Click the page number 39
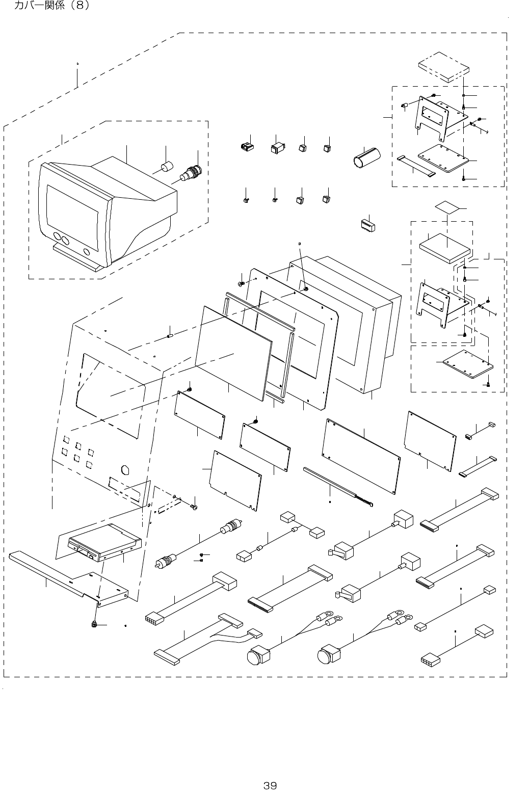(270, 785)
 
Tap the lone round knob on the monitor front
(87, 252)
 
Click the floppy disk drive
(104, 542)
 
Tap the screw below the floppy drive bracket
(94, 625)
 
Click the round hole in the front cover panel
(125, 470)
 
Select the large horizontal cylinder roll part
(366, 158)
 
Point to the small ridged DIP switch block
(367, 225)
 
